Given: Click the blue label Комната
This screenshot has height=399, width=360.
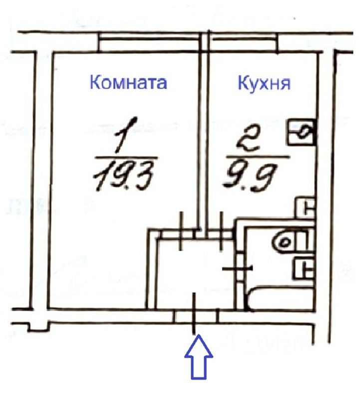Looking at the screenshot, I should point(128,82).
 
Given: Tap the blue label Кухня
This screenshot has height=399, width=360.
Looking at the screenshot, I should point(263,82).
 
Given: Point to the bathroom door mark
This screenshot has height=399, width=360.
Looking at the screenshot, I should point(239,268).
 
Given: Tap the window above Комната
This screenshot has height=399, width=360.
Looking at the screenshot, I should point(150,42).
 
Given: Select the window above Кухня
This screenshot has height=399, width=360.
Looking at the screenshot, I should point(244,42).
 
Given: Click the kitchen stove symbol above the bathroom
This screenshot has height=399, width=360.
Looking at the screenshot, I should point(305,206).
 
